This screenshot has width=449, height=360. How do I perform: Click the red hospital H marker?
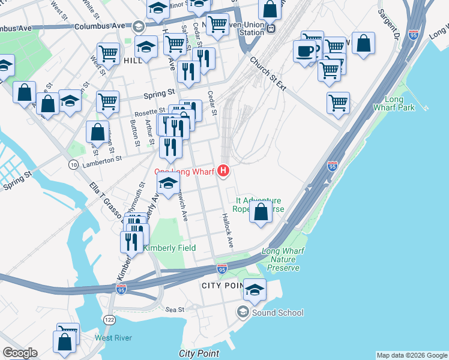(x=224, y=172)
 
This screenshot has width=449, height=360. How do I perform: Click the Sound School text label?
(x=277, y=313)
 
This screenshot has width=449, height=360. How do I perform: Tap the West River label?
(x=113, y=338)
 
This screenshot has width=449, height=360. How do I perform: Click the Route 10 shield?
(x=73, y=164)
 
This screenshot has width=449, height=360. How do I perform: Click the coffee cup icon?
(x=304, y=50)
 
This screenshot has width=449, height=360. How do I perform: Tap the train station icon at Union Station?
(x=272, y=28)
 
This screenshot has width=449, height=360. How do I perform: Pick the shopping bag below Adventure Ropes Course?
(x=261, y=212)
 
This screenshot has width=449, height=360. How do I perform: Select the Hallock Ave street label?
(x=227, y=231)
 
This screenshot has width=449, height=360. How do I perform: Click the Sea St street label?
(x=175, y=310)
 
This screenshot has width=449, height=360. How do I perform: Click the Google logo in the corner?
(x=20, y=353)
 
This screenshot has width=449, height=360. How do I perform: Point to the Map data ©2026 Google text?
(x=411, y=355)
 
